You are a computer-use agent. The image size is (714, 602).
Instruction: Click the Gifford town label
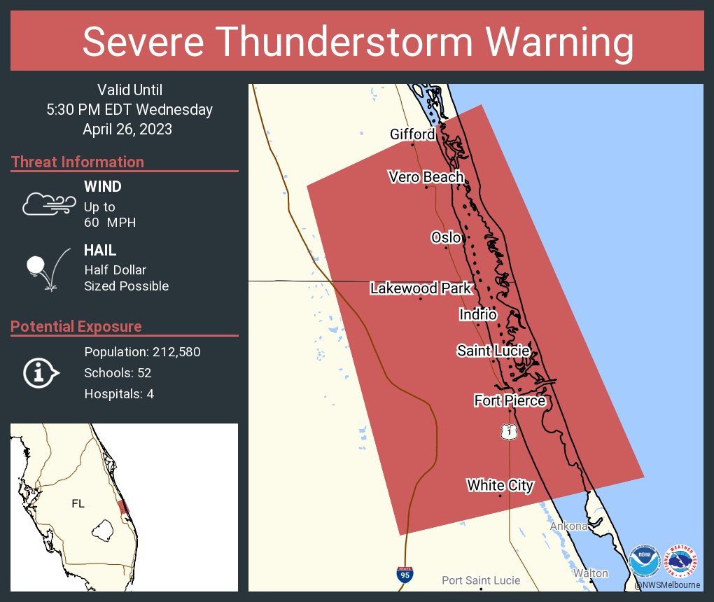click(412, 134)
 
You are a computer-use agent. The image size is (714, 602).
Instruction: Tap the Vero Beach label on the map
click(426, 177)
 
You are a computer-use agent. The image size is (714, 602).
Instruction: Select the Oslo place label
click(446, 237)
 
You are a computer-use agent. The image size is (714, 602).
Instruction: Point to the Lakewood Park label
click(421, 288)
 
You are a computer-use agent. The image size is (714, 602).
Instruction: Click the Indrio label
click(477, 314)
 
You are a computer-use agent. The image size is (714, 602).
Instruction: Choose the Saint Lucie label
click(493, 350)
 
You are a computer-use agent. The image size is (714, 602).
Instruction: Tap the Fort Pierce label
click(509, 400)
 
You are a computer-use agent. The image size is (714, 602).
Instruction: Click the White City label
click(500, 485)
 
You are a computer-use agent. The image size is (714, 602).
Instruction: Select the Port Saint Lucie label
click(481, 580)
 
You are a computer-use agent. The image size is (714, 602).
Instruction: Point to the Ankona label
click(568, 526)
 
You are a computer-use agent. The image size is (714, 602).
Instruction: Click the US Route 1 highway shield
click(510, 431)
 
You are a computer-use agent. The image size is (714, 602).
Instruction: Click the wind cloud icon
click(48, 204)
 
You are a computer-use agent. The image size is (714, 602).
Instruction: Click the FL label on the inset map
click(78, 503)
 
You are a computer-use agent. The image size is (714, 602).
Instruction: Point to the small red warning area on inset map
click(124, 507)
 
